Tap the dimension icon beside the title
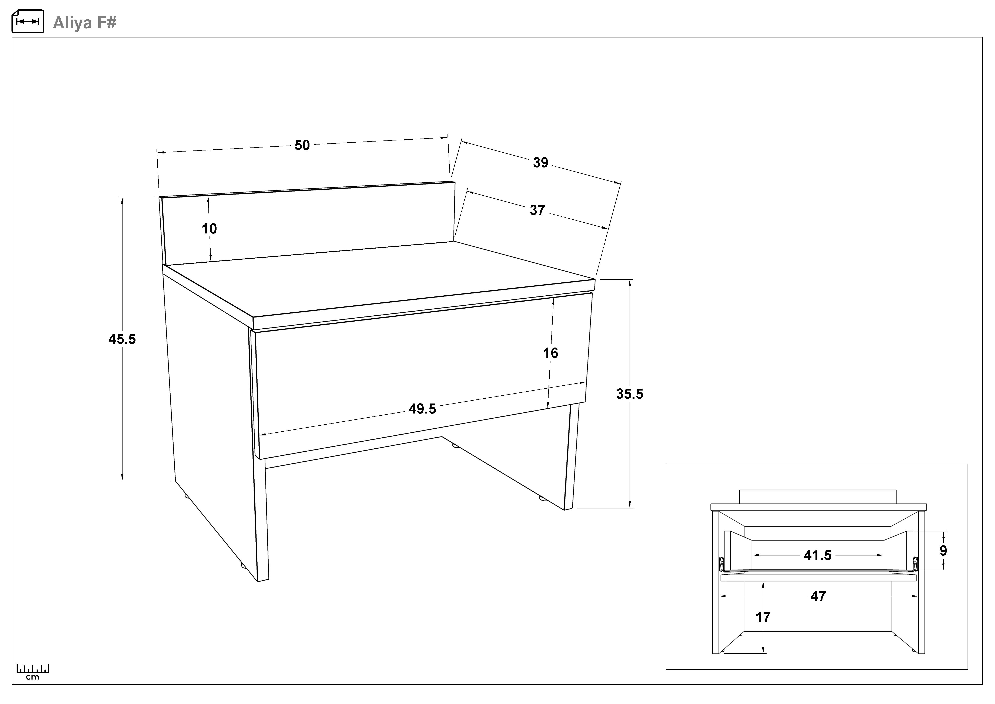click(x=28, y=21)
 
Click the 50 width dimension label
click(x=302, y=145)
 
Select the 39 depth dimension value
click(x=540, y=163)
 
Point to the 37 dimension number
click(x=537, y=210)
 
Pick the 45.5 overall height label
click(x=122, y=339)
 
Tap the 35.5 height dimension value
click(x=630, y=394)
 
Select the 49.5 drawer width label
click(x=423, y=409)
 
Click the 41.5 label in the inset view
click(x=818, y=555)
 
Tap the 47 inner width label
click(x=818, y=597)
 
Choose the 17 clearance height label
click(x=763, y=617)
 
